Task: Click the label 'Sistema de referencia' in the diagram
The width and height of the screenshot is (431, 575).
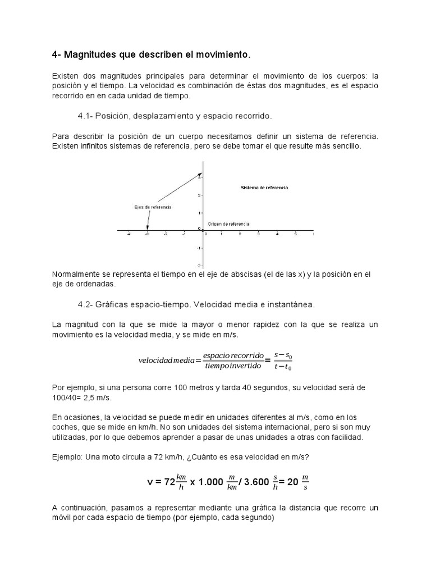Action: click(264, 188)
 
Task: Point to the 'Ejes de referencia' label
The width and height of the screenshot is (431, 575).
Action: click(153, 207)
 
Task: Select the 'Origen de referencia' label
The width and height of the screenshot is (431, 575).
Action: click(228, 223)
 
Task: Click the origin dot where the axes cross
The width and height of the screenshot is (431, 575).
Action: click(203, 230)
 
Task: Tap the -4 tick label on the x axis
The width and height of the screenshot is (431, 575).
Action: click(129, 235)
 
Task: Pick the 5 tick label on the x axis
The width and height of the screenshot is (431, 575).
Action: click(295, 235)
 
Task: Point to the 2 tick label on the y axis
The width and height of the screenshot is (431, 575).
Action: click(199, 195)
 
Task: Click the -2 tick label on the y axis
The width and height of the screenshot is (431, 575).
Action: click(199, 265)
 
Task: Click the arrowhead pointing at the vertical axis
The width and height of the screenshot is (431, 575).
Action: click(199, 175)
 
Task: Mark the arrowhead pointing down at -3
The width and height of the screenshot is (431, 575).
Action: click(148, 227)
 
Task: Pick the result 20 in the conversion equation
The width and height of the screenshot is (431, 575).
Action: click(292, 482)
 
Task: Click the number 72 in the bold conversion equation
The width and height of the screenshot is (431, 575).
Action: click(170, 482)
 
